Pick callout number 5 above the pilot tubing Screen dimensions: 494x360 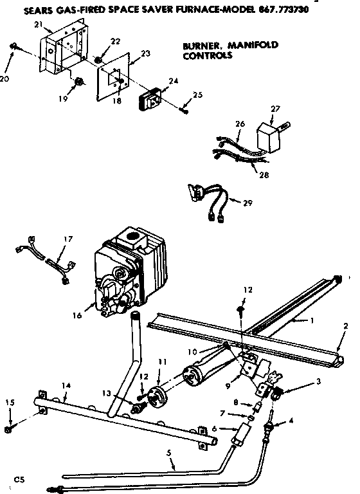(x=169, y=453)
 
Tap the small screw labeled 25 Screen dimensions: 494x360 (x=185, y=110)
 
